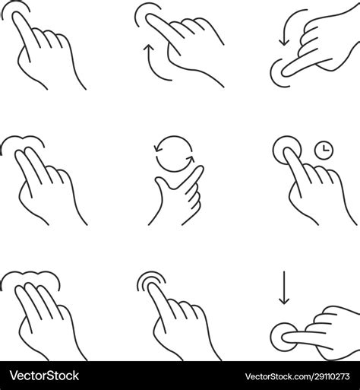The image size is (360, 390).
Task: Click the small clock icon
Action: (324, 151)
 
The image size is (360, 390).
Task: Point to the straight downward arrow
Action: (284, 287)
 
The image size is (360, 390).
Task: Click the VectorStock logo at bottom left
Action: (43, 376)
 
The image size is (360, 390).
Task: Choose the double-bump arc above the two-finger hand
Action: (26, 141)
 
